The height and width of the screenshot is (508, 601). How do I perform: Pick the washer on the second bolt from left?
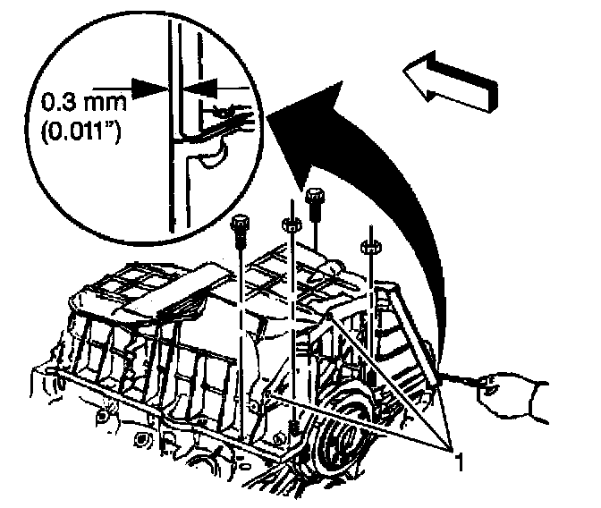[291, 224]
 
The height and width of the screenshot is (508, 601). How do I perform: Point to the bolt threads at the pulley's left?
[294, 429]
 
